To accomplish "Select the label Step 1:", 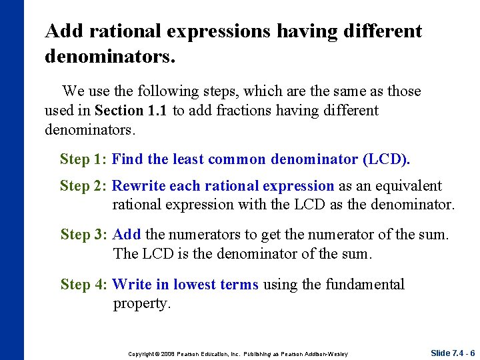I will (83, 159).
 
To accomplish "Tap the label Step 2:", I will (83, 186).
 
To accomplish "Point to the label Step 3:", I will (84, 235).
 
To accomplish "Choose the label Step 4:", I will (83, 285).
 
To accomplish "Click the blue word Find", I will (127, 159).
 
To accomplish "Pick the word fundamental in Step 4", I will (365, 285).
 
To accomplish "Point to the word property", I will (142, 304).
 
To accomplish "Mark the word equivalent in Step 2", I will (409, 186).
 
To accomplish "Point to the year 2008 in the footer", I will (165, 353).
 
